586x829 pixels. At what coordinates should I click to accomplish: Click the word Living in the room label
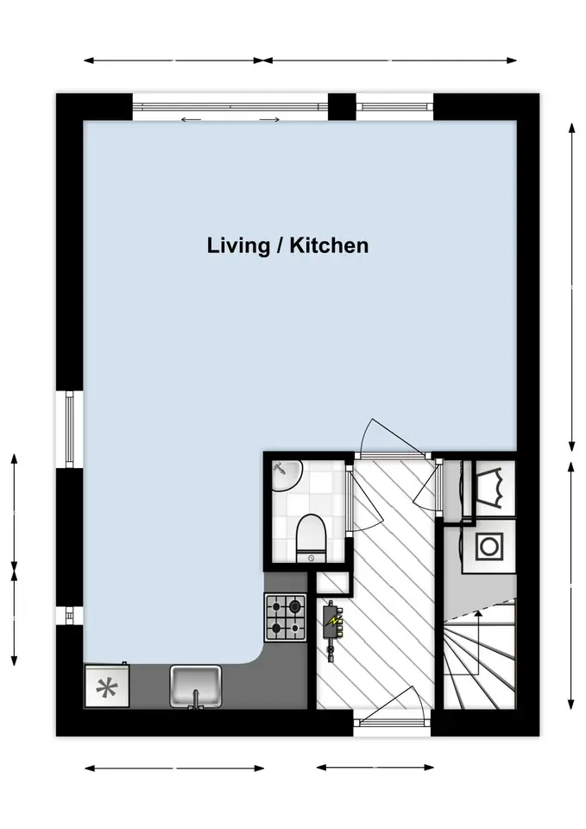238,246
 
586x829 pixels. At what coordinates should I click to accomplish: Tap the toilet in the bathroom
312,539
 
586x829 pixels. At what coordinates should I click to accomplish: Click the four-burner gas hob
286,617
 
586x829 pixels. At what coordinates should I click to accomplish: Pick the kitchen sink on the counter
195,686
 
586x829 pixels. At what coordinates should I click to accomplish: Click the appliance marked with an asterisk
107,685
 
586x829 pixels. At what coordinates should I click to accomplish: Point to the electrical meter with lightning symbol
332,630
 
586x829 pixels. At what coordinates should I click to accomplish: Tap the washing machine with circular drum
488,546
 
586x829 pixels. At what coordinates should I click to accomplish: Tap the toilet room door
363,500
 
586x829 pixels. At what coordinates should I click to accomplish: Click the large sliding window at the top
230,107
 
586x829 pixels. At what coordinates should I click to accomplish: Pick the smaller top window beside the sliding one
394,107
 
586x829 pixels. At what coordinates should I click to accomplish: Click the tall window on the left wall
70,430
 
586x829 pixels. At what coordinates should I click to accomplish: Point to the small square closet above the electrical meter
333,583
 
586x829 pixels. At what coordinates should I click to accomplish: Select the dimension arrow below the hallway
375,767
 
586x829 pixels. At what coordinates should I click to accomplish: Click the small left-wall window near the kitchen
70,615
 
